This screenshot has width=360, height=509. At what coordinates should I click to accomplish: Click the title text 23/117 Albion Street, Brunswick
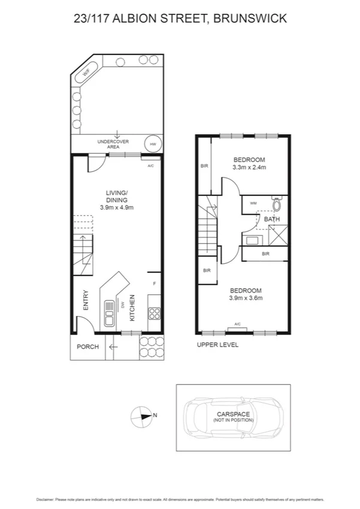pos(180,19)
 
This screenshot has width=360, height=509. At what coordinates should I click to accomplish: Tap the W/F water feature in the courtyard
pos(86,71)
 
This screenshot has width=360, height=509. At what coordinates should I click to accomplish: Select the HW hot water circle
pos(153,144)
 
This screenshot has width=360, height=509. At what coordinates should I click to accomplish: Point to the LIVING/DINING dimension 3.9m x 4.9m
pos(116,207)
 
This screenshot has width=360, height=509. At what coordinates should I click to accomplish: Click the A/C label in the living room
pos(150,165)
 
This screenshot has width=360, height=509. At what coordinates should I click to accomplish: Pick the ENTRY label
pos(85,300)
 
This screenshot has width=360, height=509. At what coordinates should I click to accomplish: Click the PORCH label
pos(87,347)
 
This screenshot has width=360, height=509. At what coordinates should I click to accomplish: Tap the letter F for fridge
pos(154,283)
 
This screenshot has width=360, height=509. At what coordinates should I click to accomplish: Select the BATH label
pos(272,219)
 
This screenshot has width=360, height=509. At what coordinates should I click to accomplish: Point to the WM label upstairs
pos(253,204)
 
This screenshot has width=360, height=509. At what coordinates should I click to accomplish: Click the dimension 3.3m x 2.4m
pos(249,167)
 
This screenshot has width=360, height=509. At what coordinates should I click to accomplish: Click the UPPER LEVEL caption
pos(218,345)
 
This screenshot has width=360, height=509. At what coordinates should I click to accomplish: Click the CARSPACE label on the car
pos(233,414)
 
